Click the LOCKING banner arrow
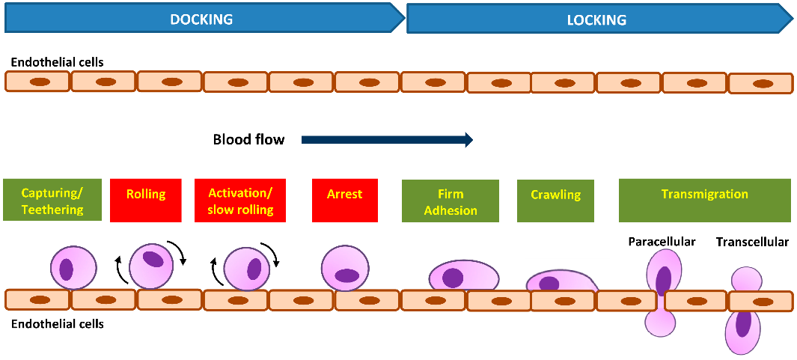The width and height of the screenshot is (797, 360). pyautogui.click(x=597, y=19)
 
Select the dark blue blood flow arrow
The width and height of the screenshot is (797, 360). pyautogui.click(x=388, y=139)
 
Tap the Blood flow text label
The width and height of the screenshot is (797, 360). pyautogui.click(x=248, y=139)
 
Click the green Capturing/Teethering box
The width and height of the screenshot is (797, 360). pyautogui.click(x=52, y=201)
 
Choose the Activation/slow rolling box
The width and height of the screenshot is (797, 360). pyautogui.click(x=239, y=201)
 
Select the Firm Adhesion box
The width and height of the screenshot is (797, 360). pyautogui.click(x=450, y=201)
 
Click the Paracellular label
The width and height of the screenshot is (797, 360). pyautogui.click(x=662, y=242)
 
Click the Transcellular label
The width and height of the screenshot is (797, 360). pyautogui.click(x=752, y=242)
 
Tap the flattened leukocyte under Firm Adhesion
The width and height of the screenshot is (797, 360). pyautogui.click(x=463, y=276)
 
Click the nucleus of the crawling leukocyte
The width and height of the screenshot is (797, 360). pyautogui.click(x=549, y=284)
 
